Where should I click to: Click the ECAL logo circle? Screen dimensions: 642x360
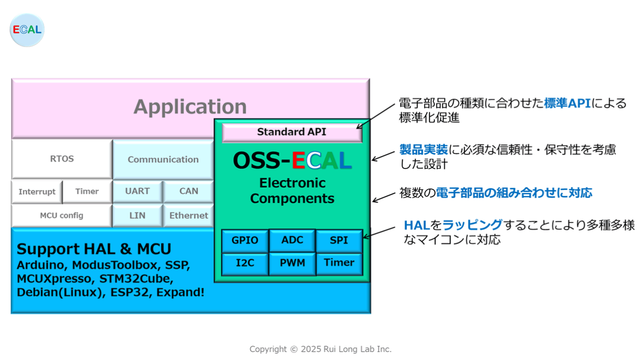point(27,30)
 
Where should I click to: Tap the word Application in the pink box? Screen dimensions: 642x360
point(190,107)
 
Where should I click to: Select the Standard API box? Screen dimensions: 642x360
point(292,132)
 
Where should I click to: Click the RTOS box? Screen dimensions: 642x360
point(62,159)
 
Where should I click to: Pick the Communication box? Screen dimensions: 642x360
point(163,159)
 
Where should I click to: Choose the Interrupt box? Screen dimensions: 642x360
point(37,192)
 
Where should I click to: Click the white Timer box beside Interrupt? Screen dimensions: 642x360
point(87,191)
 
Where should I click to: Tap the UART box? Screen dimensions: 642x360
point(137,191)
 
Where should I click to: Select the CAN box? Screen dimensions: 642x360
point(189,191)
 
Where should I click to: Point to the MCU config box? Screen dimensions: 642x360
point(62,216)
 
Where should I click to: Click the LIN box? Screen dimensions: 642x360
point(137,216)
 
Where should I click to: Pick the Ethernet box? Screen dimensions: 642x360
point(189,216)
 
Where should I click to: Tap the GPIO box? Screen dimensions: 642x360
point(245,241)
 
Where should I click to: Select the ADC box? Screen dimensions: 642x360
point(292,240)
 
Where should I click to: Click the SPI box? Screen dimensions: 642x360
point(339,241)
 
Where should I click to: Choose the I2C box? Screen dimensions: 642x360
point(245,263)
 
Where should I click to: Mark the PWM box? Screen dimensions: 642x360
point(292,263)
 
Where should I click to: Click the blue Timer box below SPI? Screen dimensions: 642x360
point(339,263)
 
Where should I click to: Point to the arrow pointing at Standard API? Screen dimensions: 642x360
point(376,116)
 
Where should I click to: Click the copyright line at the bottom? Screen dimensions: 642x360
point(320,349)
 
